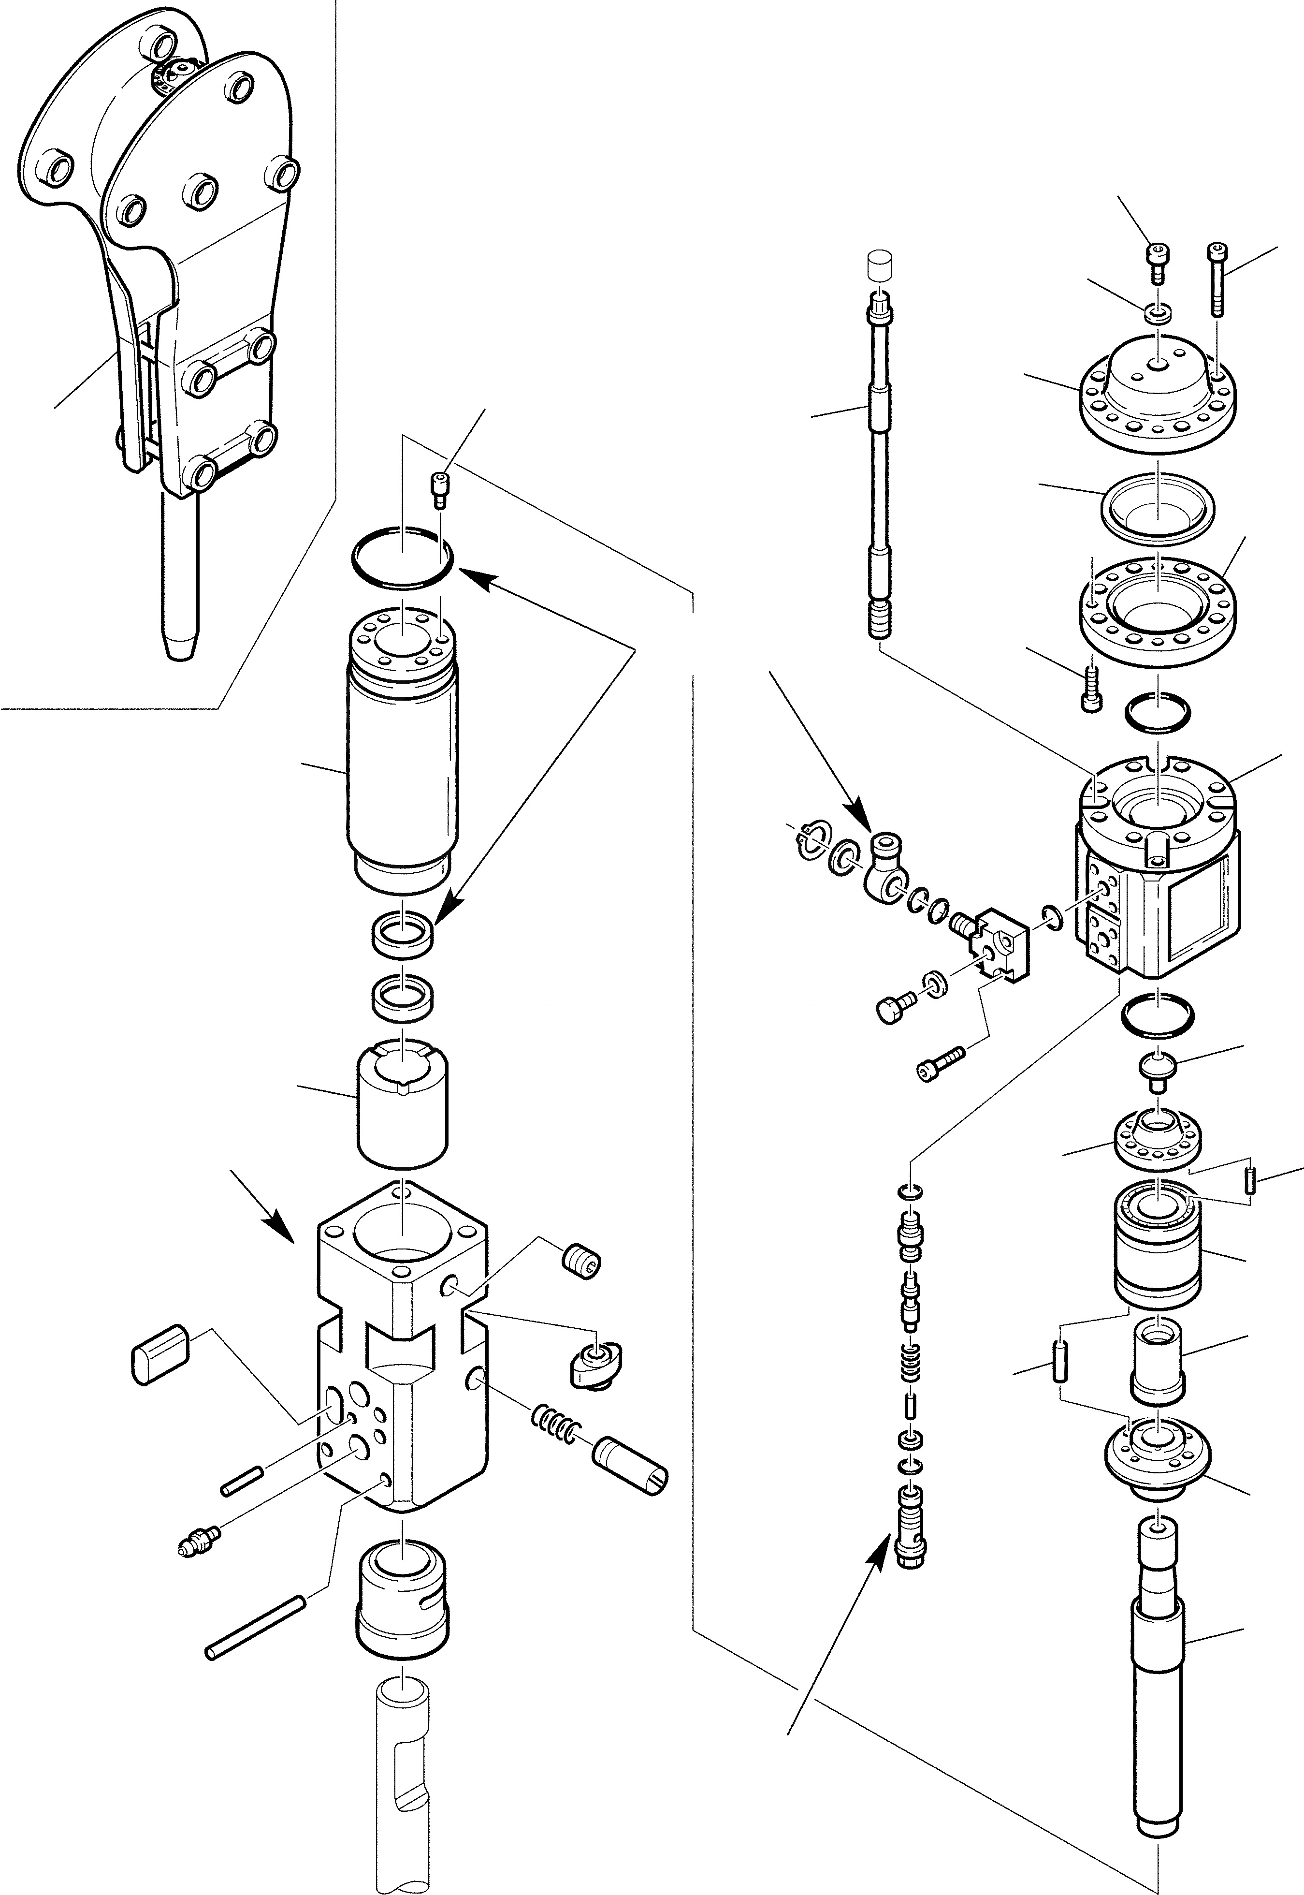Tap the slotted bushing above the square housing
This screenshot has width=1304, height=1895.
pyautogui.click(x=404, y=1100)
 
